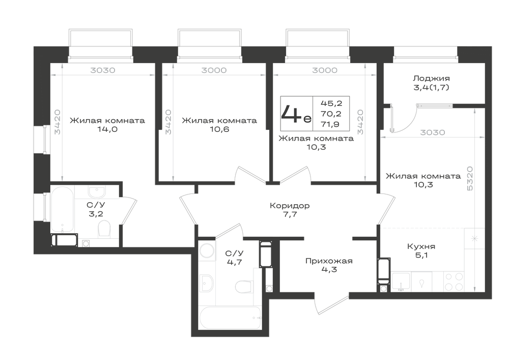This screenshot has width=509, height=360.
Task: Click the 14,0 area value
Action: click(107, 129)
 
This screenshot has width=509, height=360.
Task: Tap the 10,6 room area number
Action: click(219, 129)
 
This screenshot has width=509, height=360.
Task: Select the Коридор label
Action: click(290, 206)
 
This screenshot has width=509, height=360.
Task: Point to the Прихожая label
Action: click(329, 261)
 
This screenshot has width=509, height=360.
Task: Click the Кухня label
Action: click(421, 246)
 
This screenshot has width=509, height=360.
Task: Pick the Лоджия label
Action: click(432, 78)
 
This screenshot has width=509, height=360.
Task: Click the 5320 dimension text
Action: click(470, 178)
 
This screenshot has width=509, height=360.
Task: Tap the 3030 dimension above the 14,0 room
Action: click(103, 70)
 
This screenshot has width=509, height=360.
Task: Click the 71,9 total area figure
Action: click(331, 124)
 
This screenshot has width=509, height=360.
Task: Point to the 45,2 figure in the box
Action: click(331, 103)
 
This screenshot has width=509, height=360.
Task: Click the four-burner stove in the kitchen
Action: click(454, 282)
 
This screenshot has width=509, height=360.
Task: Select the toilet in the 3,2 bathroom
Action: click(104, 229)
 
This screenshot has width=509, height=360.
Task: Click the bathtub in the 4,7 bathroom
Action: click(231, 318)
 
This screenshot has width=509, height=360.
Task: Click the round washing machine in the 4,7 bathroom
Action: click(207, 251)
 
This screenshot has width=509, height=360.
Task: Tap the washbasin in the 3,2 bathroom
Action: click(97, 192)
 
